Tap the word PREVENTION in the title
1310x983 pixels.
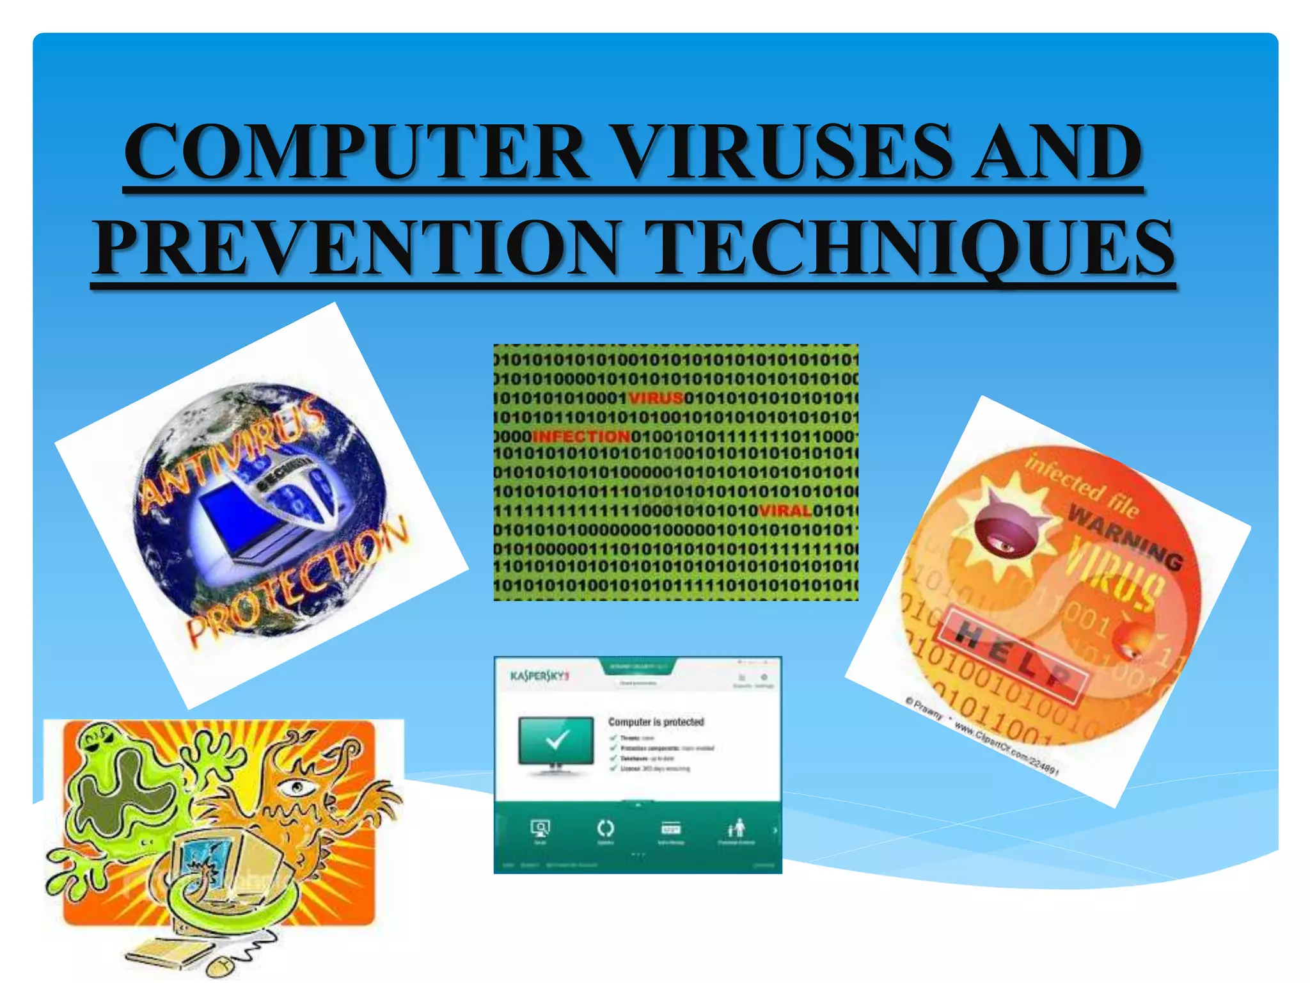[x=358, y=248]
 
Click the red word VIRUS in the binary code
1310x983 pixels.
[x=656, y=398]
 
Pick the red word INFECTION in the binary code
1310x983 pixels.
[x=581, y=436]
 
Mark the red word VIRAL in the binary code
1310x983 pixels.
[x=785, y=511]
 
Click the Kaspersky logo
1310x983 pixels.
[x=539, y=676]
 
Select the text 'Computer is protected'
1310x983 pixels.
[x=656, y=722]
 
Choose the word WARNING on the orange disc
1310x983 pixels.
[x=1126, y=537]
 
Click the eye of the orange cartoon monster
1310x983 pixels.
[x=296, y=787]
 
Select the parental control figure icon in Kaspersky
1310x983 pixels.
[x=737, y=827]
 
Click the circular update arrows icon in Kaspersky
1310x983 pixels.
[x=605, y=828]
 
